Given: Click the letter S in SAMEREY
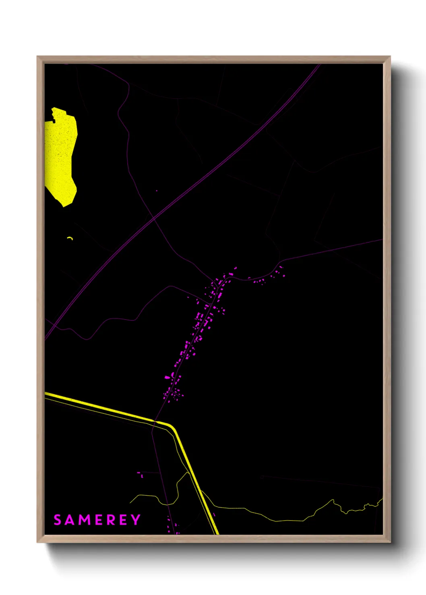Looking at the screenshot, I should [x=58, y=520].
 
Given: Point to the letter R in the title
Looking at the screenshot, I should [x=111, y=520].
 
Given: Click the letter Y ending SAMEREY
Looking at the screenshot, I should [x=135, y=520].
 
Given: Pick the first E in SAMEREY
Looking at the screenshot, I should [x=98, y=520].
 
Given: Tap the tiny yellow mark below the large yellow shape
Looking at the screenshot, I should [x=70, y=238].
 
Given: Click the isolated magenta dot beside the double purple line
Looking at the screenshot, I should [x=157, y=191].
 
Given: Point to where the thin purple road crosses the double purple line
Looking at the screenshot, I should [x=154, y=218].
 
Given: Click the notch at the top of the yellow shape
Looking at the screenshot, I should [x=52, y=119].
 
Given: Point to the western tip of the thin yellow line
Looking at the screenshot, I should [x=130, y=503].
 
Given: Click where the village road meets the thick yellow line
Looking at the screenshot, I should [x=155, y=421].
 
